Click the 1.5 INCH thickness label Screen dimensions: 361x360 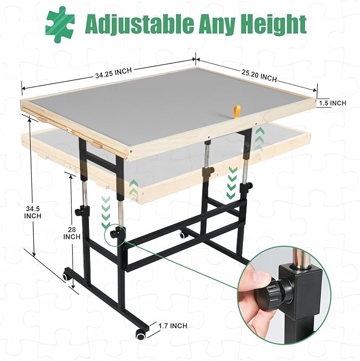[x=332, y=103]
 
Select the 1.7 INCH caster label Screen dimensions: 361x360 [x=173, y=325]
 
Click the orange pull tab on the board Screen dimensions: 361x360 [x=236, y=111]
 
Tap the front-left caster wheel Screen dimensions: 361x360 [x=66, y=276]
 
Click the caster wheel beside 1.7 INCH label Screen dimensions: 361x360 [x=140, y=334]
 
